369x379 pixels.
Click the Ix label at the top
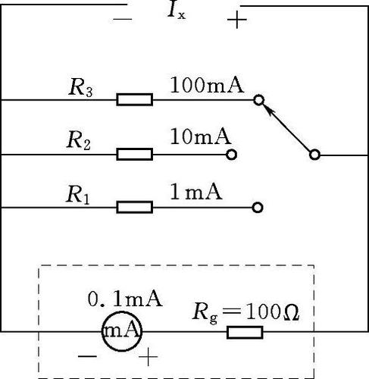click(177, 11)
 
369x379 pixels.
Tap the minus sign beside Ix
click(123, 19)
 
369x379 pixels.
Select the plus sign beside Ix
click(236, 20)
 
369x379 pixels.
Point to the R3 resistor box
click(135, 99)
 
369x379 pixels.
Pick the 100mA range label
click(208, 85)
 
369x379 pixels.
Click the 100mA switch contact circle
click(258, 100)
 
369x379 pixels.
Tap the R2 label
click(79, 140)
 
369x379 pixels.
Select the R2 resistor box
click(135, 154)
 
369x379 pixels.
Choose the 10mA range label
click(201, 136)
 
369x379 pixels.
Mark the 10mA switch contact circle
click(231, 155)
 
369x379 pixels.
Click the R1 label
click(78, 195)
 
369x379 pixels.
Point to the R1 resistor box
click(135, 207)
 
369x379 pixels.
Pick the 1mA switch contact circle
click(258, 208)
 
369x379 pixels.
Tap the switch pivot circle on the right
click(314, 155)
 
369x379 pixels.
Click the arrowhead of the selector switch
click(267, 109)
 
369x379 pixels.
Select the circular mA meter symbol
click(122, 331)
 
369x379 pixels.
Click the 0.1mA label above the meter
click(125, 299)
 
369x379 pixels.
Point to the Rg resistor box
click(245, 332)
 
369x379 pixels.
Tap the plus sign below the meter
click(149, 357)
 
